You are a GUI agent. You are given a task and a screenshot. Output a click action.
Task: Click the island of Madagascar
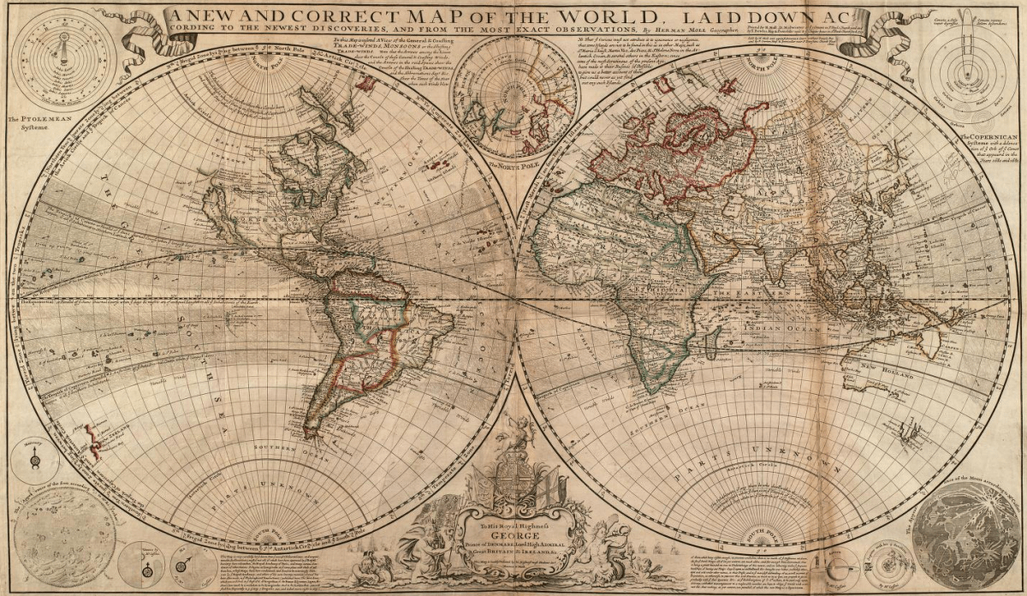tap(712, 348)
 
